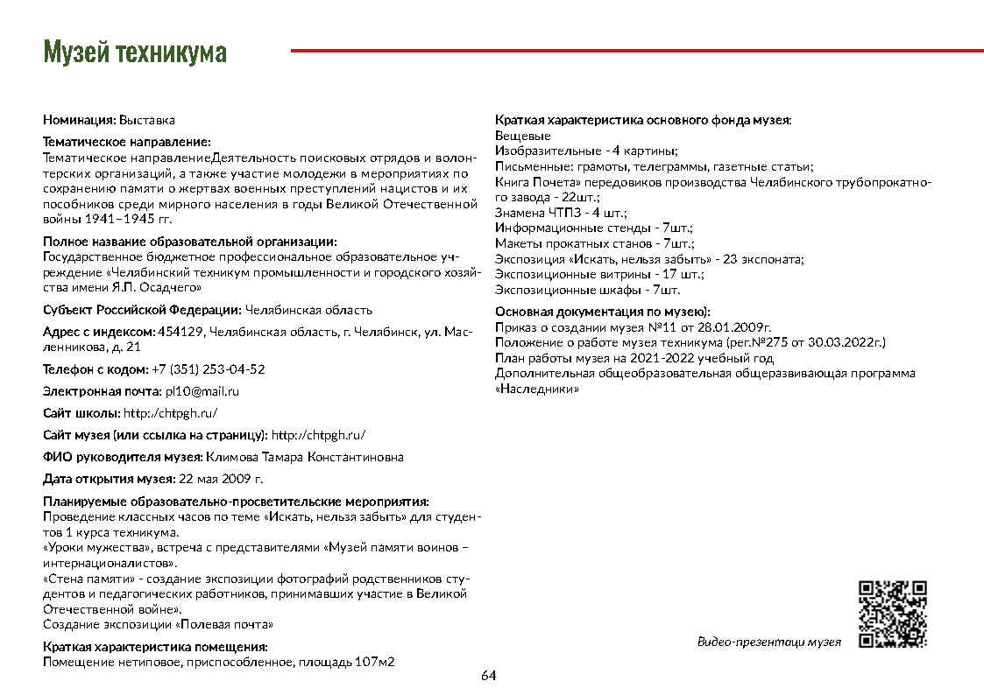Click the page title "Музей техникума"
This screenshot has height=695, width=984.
pos(135,53)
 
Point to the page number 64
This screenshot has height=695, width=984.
pos(489,676)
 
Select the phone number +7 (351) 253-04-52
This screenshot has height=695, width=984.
pos(209,369)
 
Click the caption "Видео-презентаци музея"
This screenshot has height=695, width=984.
pos(768,642)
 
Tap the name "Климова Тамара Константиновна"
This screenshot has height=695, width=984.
pos(305,457)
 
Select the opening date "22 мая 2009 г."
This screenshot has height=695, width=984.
pos(221,479)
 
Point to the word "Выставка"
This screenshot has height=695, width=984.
pos(147,119)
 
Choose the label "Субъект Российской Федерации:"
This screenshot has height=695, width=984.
pos(143,310)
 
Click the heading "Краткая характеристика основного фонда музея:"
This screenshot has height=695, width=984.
pos(643,119)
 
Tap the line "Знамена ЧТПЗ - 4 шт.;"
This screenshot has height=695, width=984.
pos(561,212)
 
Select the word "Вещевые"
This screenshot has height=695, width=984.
pos(523,136)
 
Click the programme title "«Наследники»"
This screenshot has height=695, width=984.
pos(537,389)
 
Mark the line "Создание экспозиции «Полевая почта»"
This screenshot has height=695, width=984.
pos(159,625)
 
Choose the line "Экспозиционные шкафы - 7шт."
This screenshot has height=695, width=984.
pos(587,290)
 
